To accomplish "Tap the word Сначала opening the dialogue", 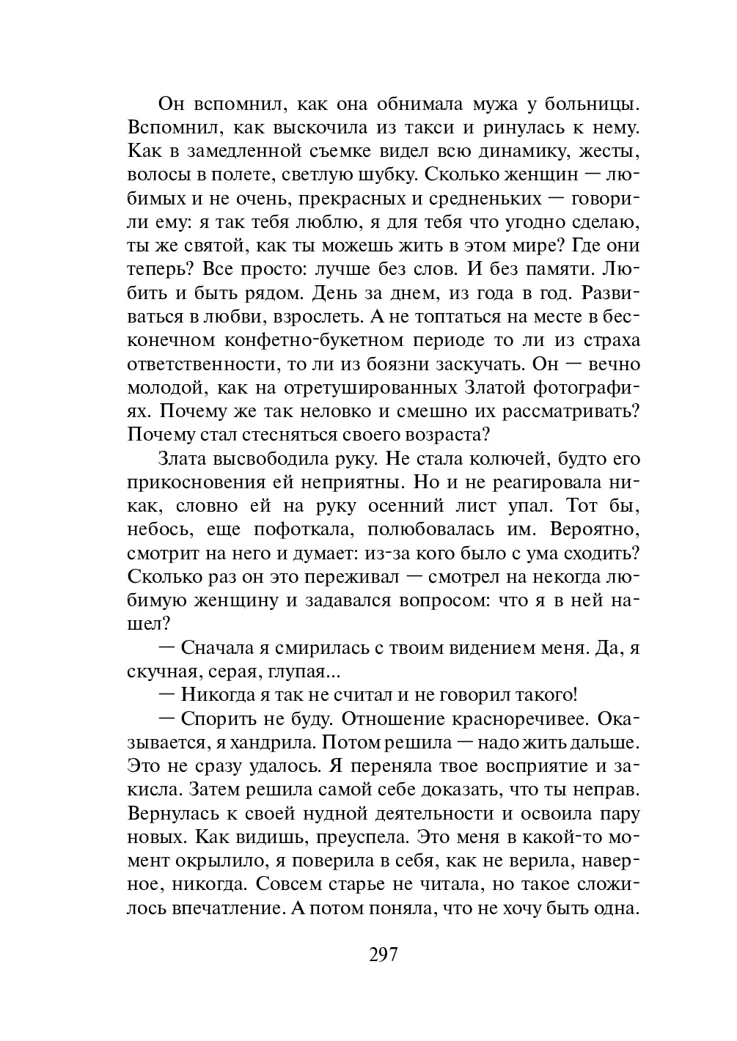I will (216, 648).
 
